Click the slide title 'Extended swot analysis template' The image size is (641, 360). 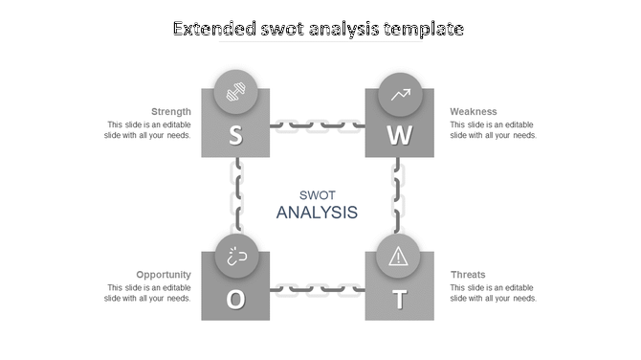pyautogui.click(x=319, y=30)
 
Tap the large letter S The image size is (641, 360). pyautogui.click(x=235, y=136)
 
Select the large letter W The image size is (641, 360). pyautogui.click(x=399, y=136)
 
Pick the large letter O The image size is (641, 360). pyautogui.click(x=235, y=300)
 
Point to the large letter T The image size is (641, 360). pyautogui.click(x=399, y=300)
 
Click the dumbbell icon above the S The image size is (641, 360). pyautogui.click(x=235, y=93)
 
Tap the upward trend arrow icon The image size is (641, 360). pyautogui.click(x=400, y=94)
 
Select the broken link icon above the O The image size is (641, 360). pyautogui.click(x=235, y=257)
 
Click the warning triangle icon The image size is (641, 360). pyautogui.click(x=399, y=257)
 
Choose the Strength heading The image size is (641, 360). pyautogui.click(x=170, y=111)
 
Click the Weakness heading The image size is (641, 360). pyautogui.click(x=474, y=111)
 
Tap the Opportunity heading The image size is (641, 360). pyautogui.click(x=164, y=275)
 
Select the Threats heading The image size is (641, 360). pyautogui.click(x=468, y=275)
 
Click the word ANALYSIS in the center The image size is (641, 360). pyautogui.click(x=317, y=213)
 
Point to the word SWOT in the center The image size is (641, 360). pyautogui.click(x=317, y=194)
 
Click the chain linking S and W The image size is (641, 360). pyautogui.click(x=317, y=124)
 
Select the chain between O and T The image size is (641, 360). pyautogui.click(x=317, y=288)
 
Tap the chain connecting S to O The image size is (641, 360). pyautogui.click(x=235, y=195)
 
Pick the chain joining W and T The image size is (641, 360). pyautogui.click(x=399, y=195)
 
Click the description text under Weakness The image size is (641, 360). pyautogui.click(x=493, y=130)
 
